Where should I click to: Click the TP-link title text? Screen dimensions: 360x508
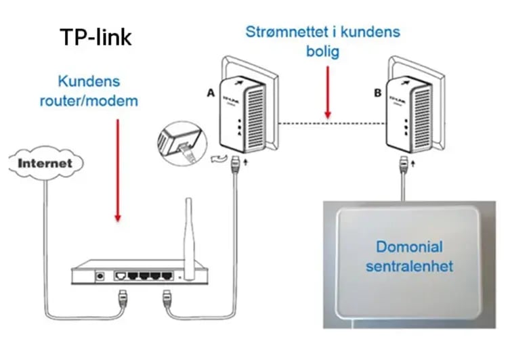point(96,37)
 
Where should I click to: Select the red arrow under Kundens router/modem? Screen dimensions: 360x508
point(118,169)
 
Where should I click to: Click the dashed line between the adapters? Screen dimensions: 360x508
point(326,122)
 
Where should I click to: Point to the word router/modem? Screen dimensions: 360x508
point(99,101)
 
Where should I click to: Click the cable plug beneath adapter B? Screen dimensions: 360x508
point(404,163)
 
